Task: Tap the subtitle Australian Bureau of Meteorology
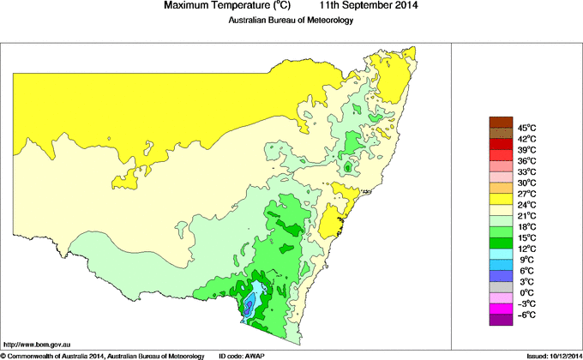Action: (x=290, y=21)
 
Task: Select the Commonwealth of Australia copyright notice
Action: (x=103, y=355)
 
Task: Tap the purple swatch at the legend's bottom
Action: (x=501, y=320)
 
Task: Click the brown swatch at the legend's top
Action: (x=501, y=121)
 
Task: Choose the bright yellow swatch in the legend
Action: (x=501, y=199)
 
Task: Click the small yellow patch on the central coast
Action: (x=350, y=207)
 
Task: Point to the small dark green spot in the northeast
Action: (x=347, y=169)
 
